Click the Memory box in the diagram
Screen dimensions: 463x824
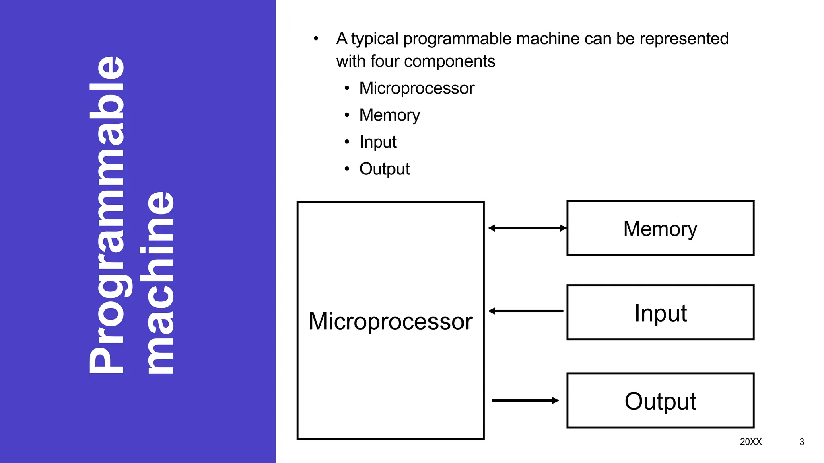tap(660, 228)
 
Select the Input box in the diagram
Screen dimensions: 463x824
tap(660, 313)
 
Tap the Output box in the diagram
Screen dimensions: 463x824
tap(660, 401)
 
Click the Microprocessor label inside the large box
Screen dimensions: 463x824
tap(390, 322)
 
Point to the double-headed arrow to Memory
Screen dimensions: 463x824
tap(527, 228)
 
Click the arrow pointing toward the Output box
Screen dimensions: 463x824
tap(525, 400)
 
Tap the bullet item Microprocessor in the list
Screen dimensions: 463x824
tap(417, 88)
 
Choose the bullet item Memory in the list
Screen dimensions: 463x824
tap(389, 115)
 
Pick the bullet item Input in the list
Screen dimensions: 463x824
tap(378, 142)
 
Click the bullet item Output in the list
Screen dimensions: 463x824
tap(384, 169)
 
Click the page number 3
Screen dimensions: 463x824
tap(802, 442)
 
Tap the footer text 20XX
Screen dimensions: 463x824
tap(751, 442)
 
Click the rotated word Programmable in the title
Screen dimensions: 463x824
tap(107, 215)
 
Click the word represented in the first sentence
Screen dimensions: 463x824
tap(684, 39)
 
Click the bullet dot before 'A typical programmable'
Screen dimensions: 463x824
tap(316, 39)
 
